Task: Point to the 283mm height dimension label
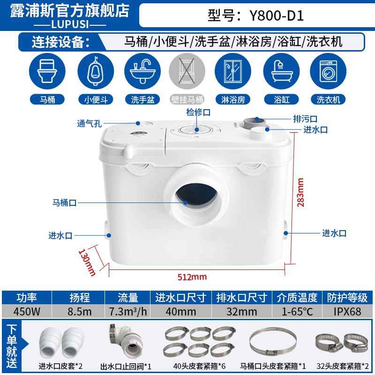301,192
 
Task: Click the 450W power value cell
26,311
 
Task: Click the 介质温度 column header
296,297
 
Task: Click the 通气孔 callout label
89,124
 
